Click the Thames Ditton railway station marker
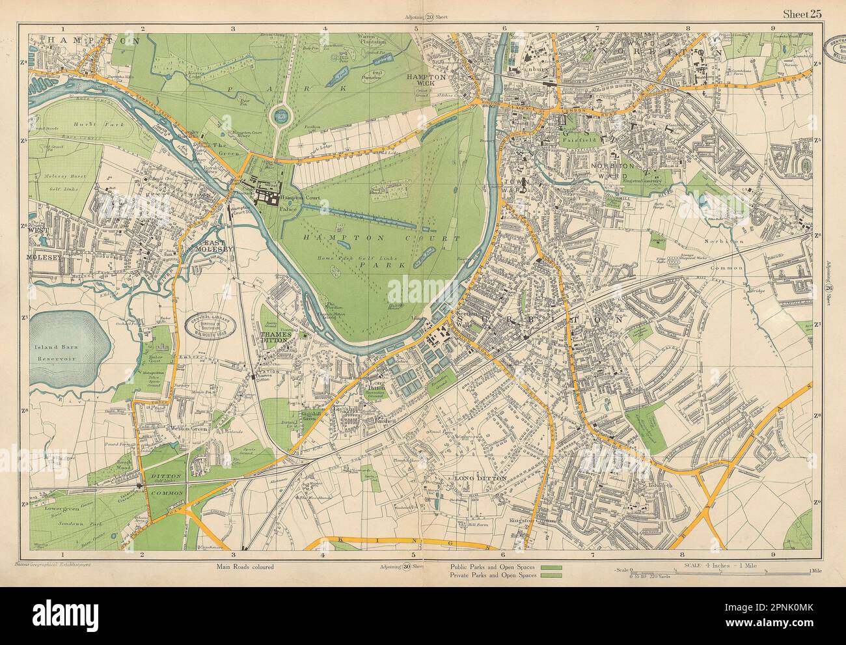[x=255, y=377]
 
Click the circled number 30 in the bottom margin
[x=411, y=566]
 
